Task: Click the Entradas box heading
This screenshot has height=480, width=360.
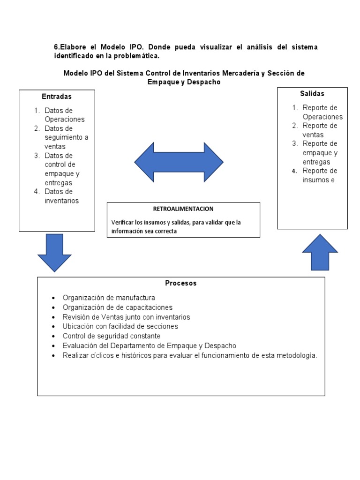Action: [x=57, y=97]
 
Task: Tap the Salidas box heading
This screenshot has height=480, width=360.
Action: [x=312, y=94]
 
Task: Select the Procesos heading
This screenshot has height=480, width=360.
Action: [x=181, y=283]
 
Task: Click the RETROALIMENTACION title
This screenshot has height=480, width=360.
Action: [x=183, y=209]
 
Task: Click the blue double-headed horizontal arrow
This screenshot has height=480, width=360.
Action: [x=179, y=162]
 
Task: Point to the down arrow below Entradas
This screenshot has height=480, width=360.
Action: [x=54, y=252]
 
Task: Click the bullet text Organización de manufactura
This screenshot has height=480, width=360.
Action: [x=109, y=298]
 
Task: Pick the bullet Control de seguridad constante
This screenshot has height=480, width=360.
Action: [x=112, y=336]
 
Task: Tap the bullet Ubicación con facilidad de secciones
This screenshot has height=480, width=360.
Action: [x=120, y=326]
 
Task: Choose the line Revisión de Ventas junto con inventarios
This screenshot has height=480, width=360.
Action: [x=127, y=317]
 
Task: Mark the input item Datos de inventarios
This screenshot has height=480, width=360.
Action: [x=61, y=196]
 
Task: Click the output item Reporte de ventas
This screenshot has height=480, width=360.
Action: [x=320, y=130]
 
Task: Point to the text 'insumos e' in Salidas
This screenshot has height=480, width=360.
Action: [x=319, y=180]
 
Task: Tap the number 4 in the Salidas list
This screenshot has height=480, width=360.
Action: [x=294, y=171]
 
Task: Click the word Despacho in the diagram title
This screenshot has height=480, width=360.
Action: [x=202, y=82]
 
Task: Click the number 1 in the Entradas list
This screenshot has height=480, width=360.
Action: [x=37, y=111]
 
